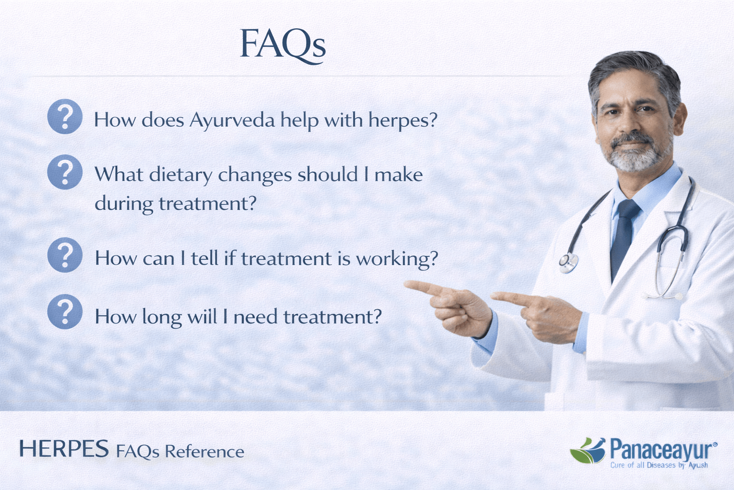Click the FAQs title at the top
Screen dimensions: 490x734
coord(282,45)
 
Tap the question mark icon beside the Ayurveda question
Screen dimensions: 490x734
coord(65,116)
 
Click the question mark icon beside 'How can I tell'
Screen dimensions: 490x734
coord(65,255)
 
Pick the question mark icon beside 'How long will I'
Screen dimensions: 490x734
coord(65,312)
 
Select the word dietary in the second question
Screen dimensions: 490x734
coord(180,175)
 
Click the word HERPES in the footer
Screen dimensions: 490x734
coord(64,449)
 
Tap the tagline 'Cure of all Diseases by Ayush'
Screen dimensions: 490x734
coord(659,465)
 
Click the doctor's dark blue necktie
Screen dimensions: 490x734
coord(624,234)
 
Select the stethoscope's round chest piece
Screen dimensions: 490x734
coord(568,263)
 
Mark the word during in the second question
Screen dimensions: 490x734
coord(124,204)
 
